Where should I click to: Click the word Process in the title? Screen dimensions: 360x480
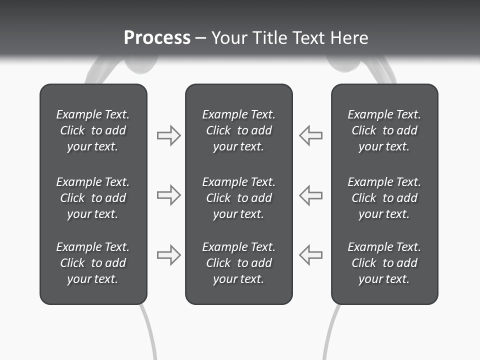pos(157,38)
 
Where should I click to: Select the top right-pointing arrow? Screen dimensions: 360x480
pos(168,135)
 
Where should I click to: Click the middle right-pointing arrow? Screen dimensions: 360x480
pos(168,195)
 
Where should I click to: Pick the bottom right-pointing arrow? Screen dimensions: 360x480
pos(168,255)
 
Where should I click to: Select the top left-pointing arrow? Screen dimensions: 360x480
pos(311,135)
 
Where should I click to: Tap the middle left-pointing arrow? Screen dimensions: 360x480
pos(311,195)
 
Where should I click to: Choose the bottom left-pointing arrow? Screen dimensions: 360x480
pos(311,255)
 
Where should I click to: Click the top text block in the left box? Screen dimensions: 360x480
pos(93,130)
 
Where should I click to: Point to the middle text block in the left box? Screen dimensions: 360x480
pos(93,198)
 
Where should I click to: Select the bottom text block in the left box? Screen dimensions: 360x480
pos(93,263)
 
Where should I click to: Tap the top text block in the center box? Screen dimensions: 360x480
pos(238,130)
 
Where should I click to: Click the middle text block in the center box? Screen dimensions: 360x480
pos(238,198)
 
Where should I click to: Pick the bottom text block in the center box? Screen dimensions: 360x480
pos(238,263)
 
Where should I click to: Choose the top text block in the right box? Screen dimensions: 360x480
pos(384,130)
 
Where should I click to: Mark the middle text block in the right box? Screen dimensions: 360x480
pos(384,198)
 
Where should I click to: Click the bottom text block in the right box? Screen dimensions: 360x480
pos(384,263)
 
